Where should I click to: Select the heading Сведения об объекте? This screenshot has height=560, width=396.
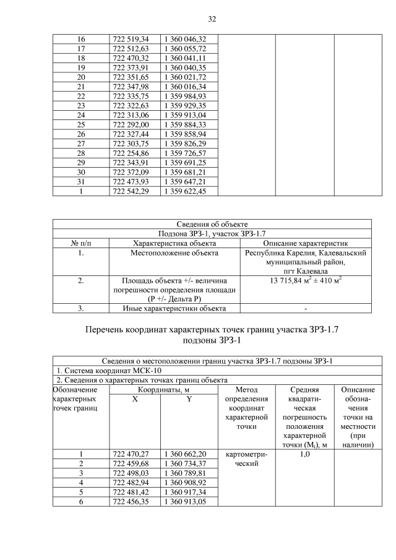212,224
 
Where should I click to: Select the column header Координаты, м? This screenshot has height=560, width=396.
162,390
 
